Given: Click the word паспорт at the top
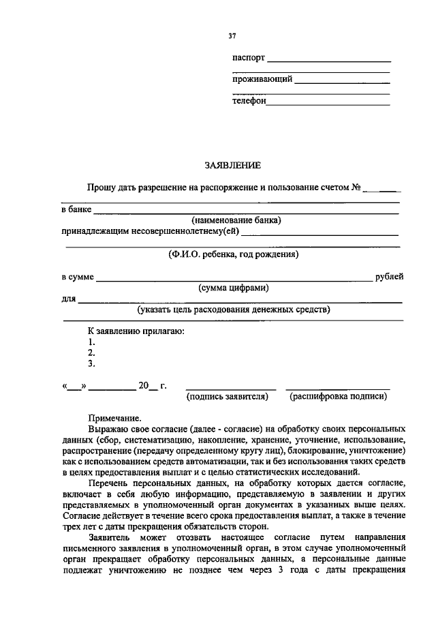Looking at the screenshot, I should click(249, 59).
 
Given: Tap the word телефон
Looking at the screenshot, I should click(249, 101).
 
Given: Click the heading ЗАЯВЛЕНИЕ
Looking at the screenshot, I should click(232, 165).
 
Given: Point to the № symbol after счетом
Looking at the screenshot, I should click(355, 187).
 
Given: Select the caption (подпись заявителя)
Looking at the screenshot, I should click(228, 395).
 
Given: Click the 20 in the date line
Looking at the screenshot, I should click(143, 386).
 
